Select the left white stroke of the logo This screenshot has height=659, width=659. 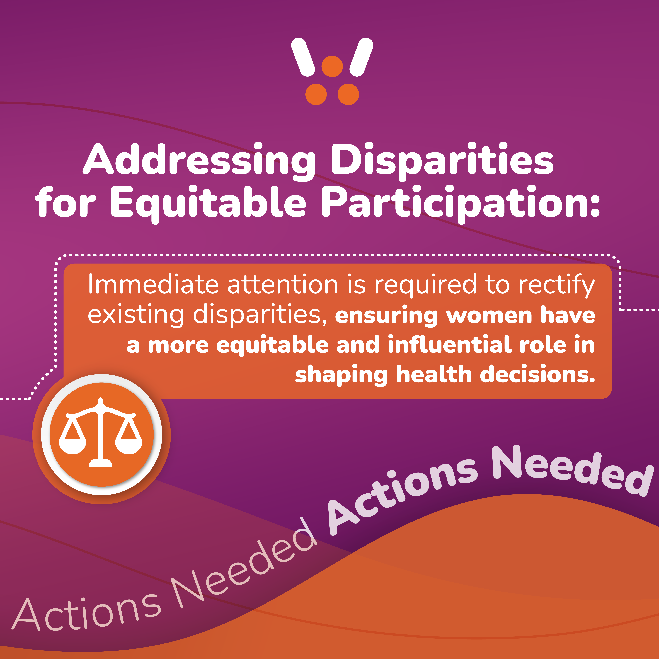click(303, 57)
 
